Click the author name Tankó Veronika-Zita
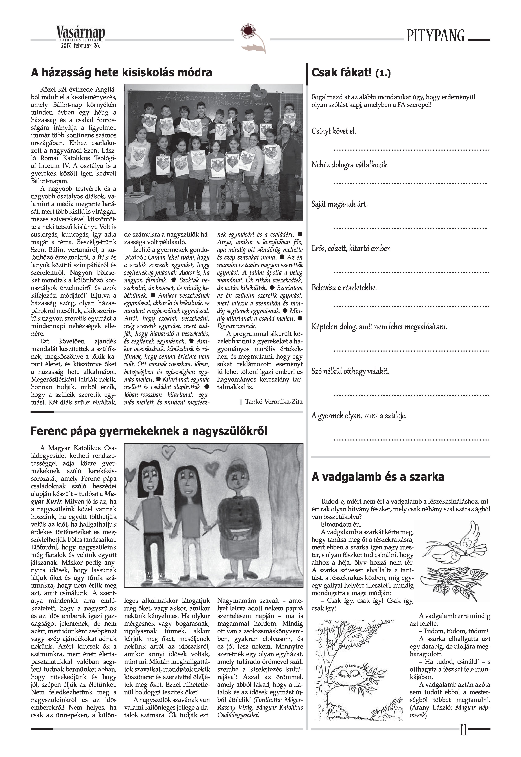[x=274, y=402]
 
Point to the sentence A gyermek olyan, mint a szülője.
[x=359, y=416]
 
